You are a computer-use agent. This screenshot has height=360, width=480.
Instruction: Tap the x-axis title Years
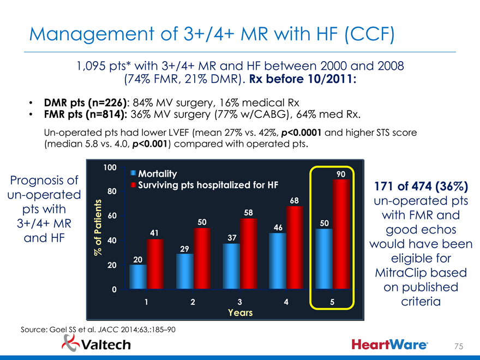[x=240, y=313]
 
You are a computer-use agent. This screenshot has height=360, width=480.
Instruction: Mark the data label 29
[x=184, y=249]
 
